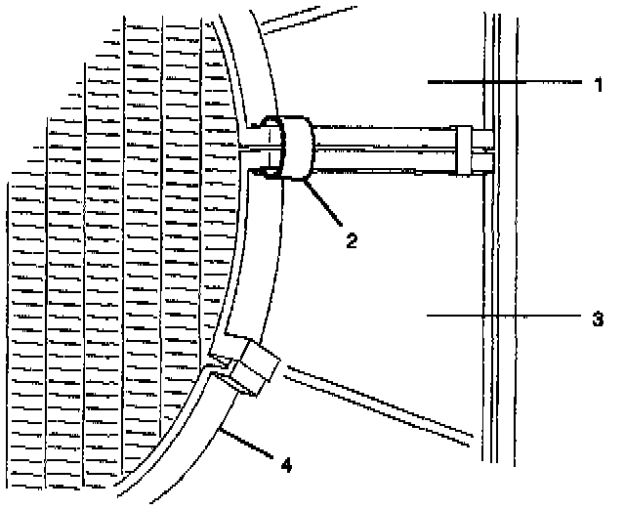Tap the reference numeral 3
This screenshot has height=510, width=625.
[x=597, y=318]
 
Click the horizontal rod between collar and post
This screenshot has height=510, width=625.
[x=381, y=148]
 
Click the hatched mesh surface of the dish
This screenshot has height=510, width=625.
[x=117, y=244]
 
